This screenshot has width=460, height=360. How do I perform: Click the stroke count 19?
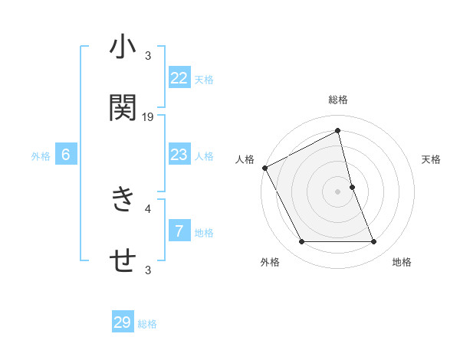[148, 116]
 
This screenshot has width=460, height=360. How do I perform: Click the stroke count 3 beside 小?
[148, 56]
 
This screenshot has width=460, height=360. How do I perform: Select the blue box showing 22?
[179, 77]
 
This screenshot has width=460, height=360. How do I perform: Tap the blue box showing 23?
[179, 155]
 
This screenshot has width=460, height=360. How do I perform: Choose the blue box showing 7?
[179, 231]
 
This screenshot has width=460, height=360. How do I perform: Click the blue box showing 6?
[66, 155]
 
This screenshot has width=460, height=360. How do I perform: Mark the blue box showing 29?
[123, 322]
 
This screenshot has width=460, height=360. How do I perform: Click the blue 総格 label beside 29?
[147, 324]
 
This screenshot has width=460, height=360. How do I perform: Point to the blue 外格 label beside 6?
[41, 156]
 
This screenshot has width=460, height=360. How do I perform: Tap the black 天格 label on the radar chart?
[432, 159]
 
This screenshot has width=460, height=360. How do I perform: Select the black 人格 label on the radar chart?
[245, 159]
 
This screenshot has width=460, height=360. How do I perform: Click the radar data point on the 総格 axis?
[338, 131]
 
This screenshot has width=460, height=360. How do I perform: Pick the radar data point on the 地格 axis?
[374, 242]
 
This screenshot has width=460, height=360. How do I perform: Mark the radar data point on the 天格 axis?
[352, 187]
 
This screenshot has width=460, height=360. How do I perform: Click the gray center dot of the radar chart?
[338, 191]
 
